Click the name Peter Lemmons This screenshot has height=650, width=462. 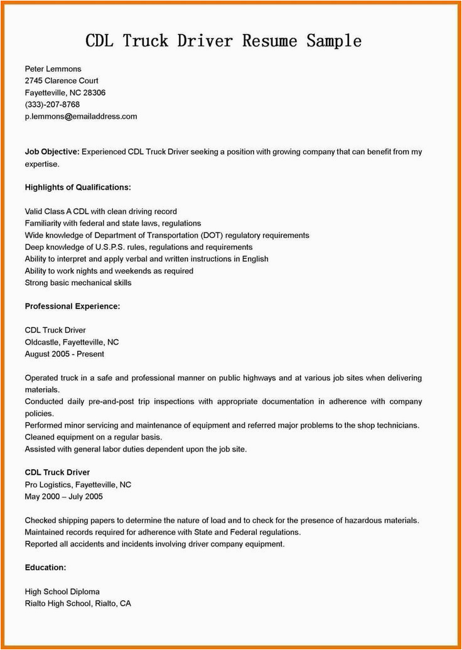coord(53,68)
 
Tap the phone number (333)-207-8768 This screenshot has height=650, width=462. coord(52,104)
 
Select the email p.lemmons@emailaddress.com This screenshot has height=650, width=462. coord(80,116)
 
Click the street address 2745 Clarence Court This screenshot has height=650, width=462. coord(62,80)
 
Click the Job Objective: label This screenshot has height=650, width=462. coord(52,152)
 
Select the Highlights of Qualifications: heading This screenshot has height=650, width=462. coord(78,187)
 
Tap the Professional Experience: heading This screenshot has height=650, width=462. coord(72,306)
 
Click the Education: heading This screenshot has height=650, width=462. coord(45,567)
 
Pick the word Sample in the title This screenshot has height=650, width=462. coord(334,41)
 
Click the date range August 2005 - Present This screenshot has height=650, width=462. coord(65,354)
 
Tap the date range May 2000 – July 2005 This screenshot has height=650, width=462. coord(63,496)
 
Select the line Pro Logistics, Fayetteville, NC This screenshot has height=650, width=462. coord(78,485)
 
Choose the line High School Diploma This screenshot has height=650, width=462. coord(62,591)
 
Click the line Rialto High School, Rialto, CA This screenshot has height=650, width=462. coord(78,603)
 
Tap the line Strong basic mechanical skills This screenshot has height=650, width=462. coord(78,283)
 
